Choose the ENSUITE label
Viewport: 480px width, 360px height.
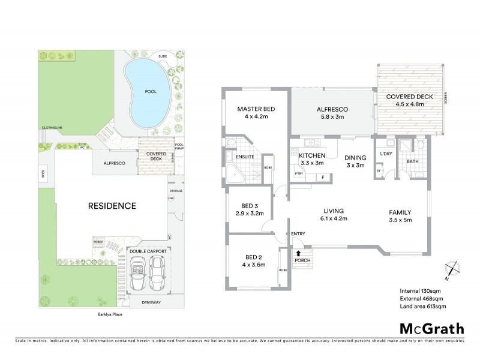click(x=244, y=157)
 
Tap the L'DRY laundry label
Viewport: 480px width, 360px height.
click(x=386, y=155)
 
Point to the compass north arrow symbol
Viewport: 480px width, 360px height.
click(x=450, y=271)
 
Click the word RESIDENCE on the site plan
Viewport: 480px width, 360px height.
click(x=112, y=206)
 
